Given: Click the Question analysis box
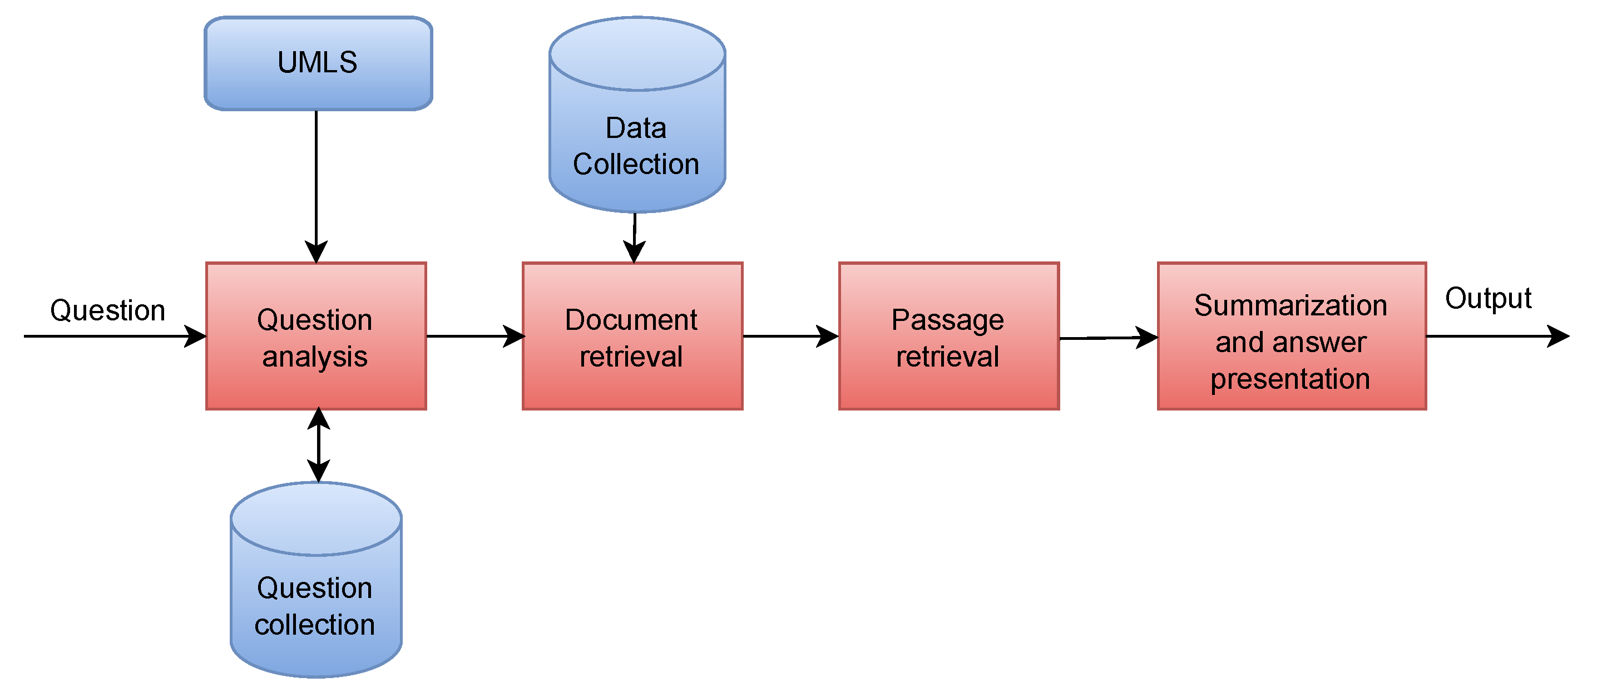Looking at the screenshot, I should tap(315, 337).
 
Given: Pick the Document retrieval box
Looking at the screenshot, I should tap(632, 337).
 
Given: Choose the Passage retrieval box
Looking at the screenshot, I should tap(948, 337).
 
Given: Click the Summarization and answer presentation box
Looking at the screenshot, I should tap(1292, 337).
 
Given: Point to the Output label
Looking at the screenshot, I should tap(1488, 298).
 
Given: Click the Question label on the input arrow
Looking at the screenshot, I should tap(107, 310).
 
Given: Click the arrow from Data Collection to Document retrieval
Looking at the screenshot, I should tap(635, 237).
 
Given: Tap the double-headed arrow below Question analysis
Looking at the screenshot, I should tap(319, 445).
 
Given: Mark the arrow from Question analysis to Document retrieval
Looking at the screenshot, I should tap(474, 337).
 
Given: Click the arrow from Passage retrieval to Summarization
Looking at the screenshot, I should tap(1108, 338).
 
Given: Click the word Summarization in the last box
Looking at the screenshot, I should tap(1290, 306).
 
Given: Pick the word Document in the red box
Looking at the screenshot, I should tap(631, 320).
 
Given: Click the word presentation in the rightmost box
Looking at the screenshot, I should tap(1290, 379).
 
